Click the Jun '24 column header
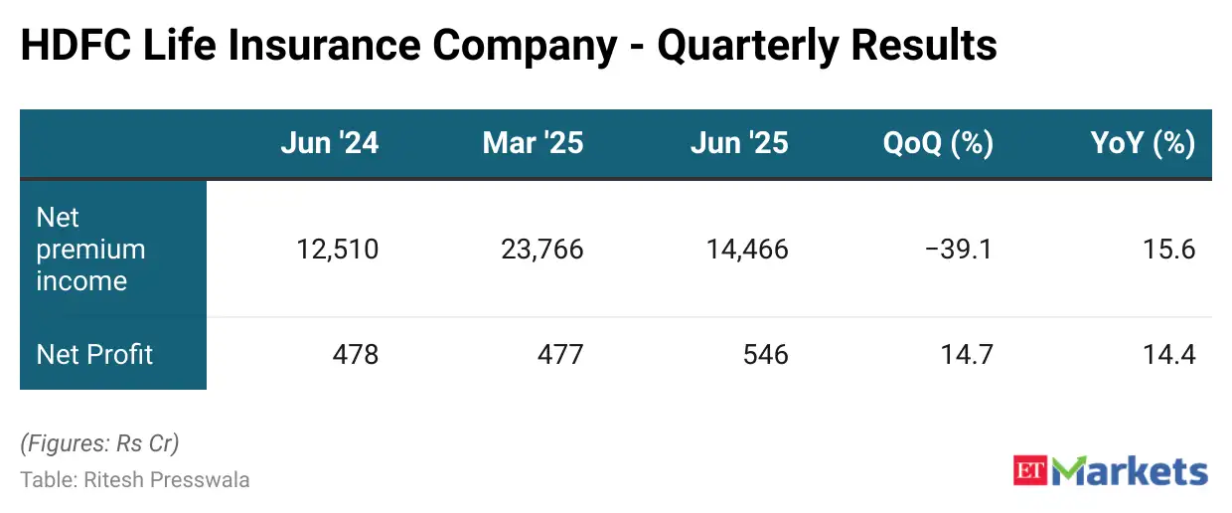pyautogui.click(x=329, y=143)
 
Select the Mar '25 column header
pyautogui.click(x=533, y=143)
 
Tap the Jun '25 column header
pyautogui.click(x=738, y=143)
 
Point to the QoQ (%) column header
pyautogui.click(x=938, y=143)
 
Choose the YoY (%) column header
pyautogui.click(x=1143, y=143)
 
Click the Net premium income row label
pyautogui.click(x=90, y=249)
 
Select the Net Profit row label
pyautogui.click(x=94, y=354)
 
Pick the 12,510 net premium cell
pyautogui.click(x=337, y=249)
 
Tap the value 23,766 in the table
pyautogui.click(x=541, y=249)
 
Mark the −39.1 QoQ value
pyautogui.click(x=959, y=249)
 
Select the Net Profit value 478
pyautogui.click(x=356, y=354)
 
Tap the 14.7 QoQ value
pyautogui.click(x=967, y=354)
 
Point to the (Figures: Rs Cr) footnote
pyautogui.click(x=99, y=443)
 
